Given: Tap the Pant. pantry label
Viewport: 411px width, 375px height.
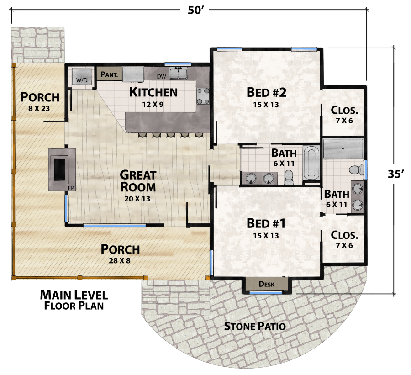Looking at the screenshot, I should [x=110, y=74].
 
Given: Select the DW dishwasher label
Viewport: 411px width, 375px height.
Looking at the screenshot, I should [x=161, y=76].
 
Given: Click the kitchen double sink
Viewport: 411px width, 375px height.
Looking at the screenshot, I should [x=178, y=73].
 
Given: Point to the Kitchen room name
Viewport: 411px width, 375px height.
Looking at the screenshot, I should [x=153, y=92].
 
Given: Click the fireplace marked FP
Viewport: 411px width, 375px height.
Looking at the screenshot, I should [x=59, y=169].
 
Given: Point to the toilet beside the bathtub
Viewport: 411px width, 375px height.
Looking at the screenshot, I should [x=289, y=177].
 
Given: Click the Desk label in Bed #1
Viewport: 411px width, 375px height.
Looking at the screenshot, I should [x=267, y=284].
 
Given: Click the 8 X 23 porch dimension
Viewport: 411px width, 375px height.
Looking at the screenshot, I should [x=40, y=109].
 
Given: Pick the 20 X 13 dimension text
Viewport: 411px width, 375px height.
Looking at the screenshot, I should [x=137, y=199].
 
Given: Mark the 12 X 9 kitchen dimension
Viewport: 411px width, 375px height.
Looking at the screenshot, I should [x=153, y=104].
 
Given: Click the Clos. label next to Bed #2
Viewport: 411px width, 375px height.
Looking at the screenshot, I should [x=344, y=110].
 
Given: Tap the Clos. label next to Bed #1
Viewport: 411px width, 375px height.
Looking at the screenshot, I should [x=344, y=235].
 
